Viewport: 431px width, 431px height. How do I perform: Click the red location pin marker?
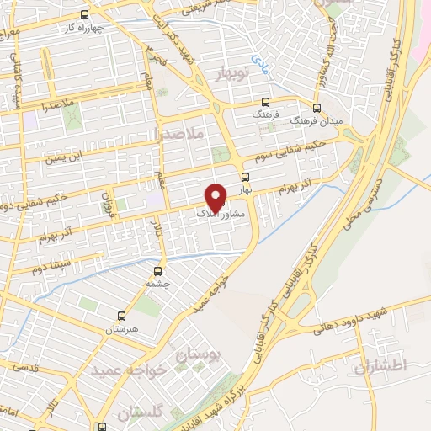click(216, 196)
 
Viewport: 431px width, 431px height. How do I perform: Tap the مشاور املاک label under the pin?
click(221, 215)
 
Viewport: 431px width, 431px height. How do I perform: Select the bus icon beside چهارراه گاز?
click(83, 14)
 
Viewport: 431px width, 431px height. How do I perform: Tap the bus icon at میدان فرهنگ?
click(317, 108)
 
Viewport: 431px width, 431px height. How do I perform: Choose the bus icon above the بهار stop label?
click(245, 177)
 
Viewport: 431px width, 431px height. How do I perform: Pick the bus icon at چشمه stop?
click(157, 271)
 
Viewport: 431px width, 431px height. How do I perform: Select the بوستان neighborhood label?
click(199, 357)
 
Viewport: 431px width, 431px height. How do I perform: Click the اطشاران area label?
click(380, 367)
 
